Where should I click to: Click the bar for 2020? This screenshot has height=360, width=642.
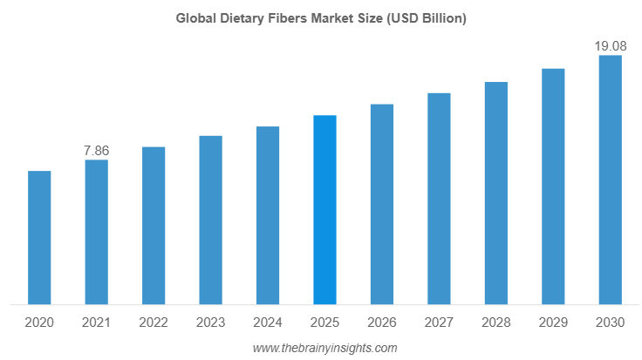coord(39,238)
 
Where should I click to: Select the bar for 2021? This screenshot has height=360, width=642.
coord(96,233)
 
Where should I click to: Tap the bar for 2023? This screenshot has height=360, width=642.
coord(210,221)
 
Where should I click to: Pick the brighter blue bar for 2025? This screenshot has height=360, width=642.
coord(324,210)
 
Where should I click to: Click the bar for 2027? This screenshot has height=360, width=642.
coord(439,199)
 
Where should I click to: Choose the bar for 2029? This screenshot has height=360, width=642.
coord(553,187)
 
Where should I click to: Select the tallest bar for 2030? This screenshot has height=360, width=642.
coord(610,180)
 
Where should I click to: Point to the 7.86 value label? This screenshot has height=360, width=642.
coord(96,151)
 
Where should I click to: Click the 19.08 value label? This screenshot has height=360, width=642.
coord(610,45)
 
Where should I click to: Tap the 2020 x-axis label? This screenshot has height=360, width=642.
coord(39,323)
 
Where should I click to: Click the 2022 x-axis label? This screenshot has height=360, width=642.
coord(154,323)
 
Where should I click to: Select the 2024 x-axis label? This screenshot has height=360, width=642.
coord(268,323)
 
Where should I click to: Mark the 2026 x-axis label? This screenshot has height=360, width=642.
coord(382,323)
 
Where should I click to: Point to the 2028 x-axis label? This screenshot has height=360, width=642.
coord(496,323)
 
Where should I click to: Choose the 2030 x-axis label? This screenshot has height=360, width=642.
coord(610,323)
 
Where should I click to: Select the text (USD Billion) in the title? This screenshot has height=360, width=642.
coord(427,17)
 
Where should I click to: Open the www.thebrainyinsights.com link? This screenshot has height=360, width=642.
coord(324,348)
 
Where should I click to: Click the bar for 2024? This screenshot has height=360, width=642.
coord(268,216)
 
